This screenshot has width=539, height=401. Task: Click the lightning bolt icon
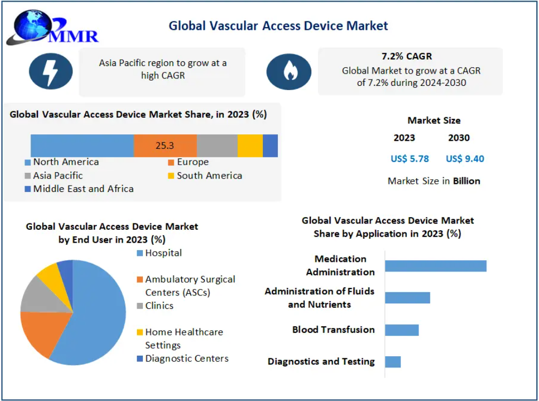click(51, 71)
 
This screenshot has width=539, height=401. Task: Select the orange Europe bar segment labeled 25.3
click(165, 146)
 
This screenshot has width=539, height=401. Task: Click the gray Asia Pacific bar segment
click(217, 146)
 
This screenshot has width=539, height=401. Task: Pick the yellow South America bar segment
click(250, 146)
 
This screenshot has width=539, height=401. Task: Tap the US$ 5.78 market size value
click(409, 158)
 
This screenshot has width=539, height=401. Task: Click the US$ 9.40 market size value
click(465, 158)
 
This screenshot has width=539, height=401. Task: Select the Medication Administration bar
click(436, 266)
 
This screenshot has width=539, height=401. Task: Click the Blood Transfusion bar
click(401, 330)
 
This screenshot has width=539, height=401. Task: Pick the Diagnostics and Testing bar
click(392, 362)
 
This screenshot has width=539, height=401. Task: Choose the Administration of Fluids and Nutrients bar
click(407, 298)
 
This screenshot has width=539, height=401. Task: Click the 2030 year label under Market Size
click(458, 138)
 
